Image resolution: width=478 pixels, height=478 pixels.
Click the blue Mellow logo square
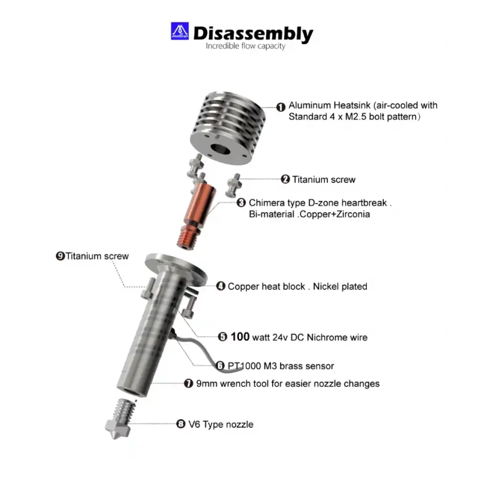click(180, 31)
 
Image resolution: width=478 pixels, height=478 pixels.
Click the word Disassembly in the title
click(253, 33)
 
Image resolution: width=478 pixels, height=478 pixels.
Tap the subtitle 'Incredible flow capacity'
click(245, 46)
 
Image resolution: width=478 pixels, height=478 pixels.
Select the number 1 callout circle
click(281, 107)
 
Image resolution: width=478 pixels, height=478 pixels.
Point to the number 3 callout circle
click(241, 203)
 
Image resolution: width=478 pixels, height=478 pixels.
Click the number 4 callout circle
click(221, 286)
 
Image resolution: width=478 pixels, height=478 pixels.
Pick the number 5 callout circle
click(223, 337)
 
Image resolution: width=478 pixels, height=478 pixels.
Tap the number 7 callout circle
click(189, 383)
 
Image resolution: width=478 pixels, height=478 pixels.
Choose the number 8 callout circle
click(181, 424)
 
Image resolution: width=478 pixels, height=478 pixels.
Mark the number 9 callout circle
click(60, 256)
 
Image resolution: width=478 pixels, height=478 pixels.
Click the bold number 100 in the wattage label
click(240, 337)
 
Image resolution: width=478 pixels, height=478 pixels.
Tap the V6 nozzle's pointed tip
click(115, 438)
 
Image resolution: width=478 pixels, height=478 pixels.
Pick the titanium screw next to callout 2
click(234, 185)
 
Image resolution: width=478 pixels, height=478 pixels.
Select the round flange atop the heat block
click(176, 269)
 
